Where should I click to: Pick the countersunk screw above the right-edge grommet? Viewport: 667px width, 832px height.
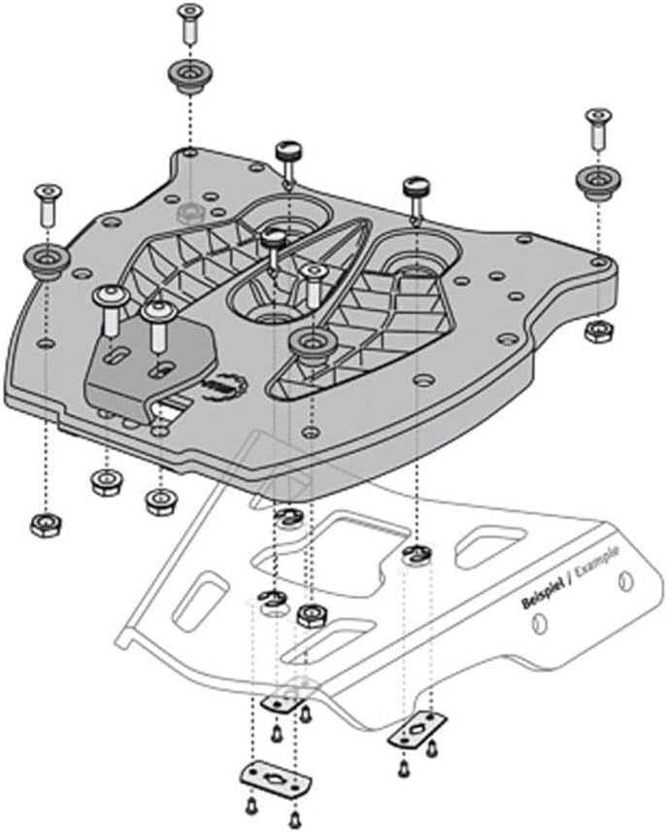(595, 128)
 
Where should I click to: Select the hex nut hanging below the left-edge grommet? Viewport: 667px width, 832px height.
(43, 525)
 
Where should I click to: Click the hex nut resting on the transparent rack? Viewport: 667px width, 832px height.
(311, 614)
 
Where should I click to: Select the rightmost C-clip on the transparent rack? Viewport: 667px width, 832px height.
(415, 554)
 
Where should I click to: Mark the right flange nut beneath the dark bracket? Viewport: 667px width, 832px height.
(160, 502)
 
